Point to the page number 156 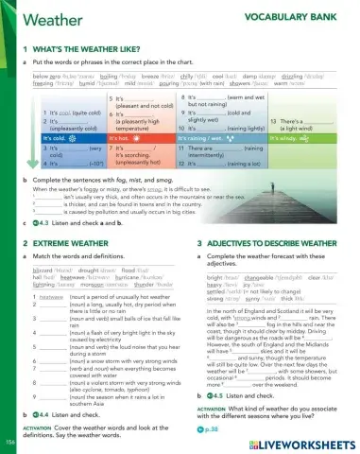click(9, 441)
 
